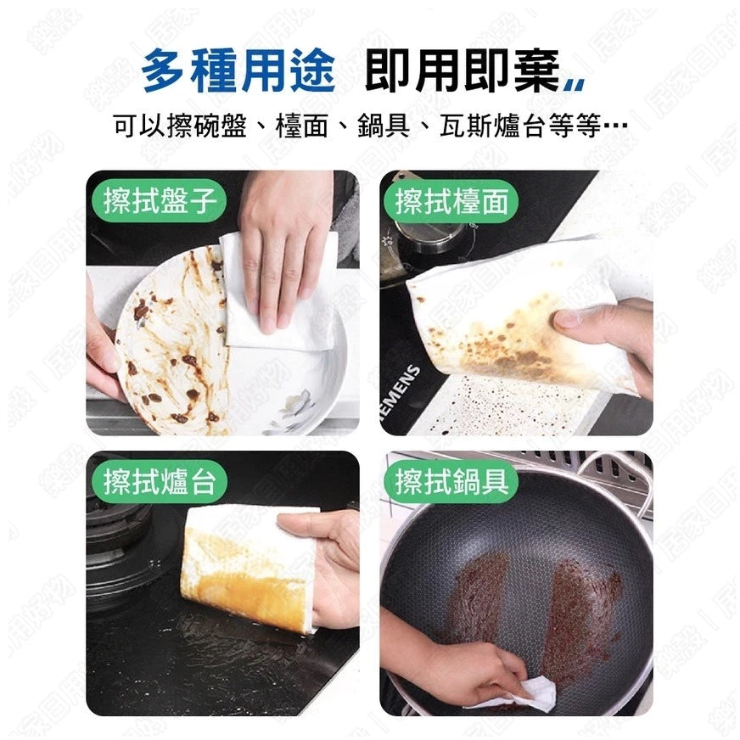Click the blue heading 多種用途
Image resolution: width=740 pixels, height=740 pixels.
coord(238,70)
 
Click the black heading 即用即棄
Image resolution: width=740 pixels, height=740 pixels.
coord(462,70)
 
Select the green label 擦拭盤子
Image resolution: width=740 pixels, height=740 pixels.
coord(160,200)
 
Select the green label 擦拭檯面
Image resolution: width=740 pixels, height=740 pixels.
coord(452,200)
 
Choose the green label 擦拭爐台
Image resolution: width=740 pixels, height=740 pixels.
coord(160,481)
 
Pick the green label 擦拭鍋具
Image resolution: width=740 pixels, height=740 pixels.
coord(452,481)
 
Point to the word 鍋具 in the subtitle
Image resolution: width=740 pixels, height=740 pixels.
coord(384,126)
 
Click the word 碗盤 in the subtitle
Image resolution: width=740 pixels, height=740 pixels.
coord(220,126)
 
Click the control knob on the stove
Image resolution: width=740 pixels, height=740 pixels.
coord(430,233)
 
